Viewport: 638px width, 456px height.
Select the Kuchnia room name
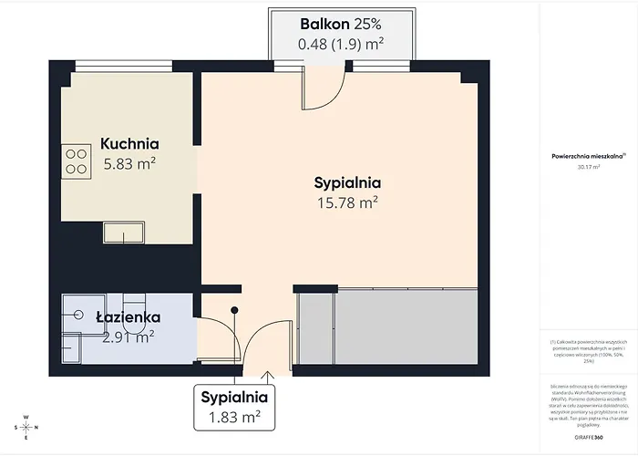[x=129, y=143]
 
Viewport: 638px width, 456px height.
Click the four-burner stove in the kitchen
[x=76, y=161]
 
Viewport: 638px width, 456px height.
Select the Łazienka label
[x=128, y=317]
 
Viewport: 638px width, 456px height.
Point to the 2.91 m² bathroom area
[x=128, y=337]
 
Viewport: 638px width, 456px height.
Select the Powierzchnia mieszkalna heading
[x=588, y=157]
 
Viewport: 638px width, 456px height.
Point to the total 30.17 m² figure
[x=588, y=168]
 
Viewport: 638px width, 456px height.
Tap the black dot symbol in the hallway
[x=236, y=310]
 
